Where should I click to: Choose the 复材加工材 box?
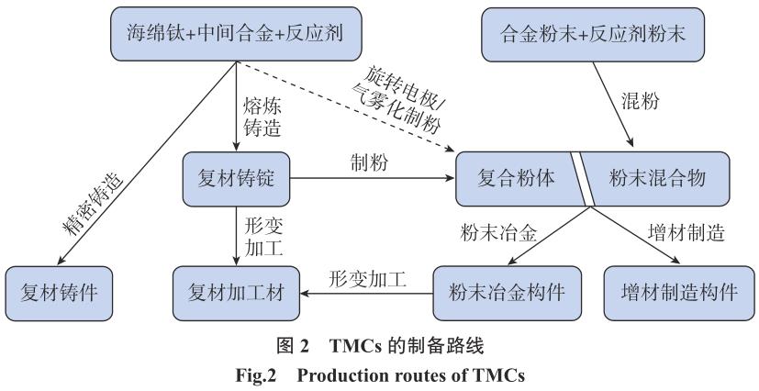tap(236, 293)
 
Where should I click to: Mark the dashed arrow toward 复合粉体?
tap(349, 106)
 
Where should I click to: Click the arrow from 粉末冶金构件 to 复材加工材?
tap(367, 294)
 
